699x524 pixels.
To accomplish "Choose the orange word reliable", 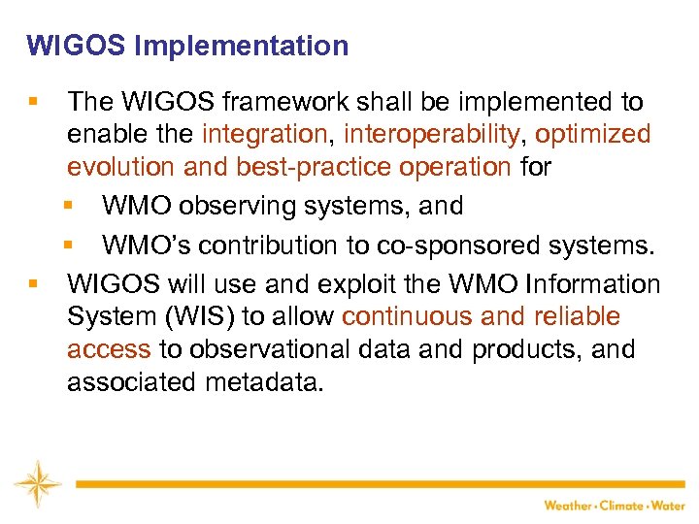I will (578, 317).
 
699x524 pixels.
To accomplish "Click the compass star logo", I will (37, 482).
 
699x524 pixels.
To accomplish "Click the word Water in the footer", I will (669, 506).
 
